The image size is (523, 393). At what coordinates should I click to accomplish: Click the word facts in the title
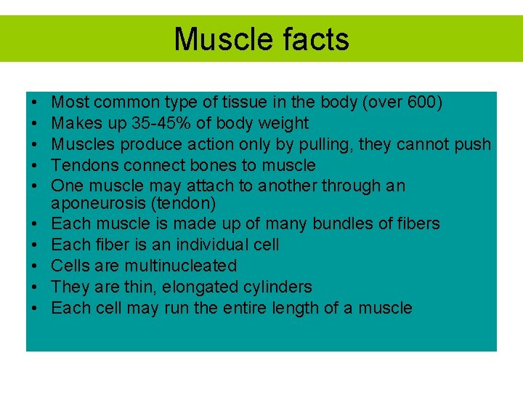pyautogui.click(x=312, y=39)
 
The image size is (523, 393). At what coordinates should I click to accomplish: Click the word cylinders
pyautogui.click(x=279, y=287)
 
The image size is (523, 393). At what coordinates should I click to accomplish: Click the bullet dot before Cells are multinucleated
pyautogui.click(x=35, y=266)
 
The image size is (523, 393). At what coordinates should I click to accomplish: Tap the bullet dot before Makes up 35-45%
pyautogui.click(x=35, y=124)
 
